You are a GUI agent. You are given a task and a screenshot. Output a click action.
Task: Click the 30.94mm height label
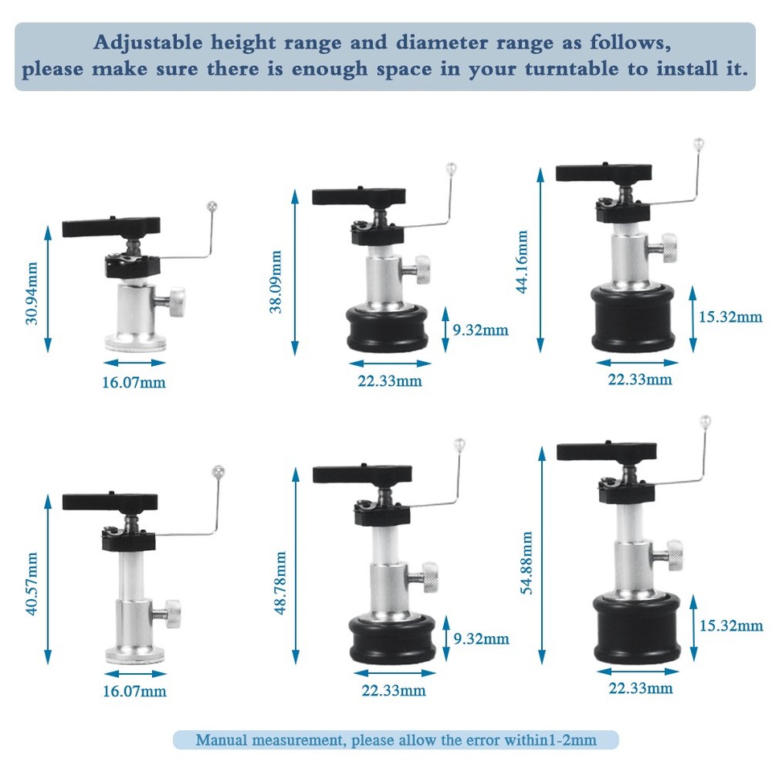tap(32, 291)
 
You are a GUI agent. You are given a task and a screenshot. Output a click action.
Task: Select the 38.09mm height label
tap(276, 281)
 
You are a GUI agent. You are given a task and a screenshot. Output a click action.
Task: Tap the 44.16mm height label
tap(522, 262)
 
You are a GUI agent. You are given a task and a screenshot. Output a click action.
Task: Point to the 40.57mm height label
tap(32, 584)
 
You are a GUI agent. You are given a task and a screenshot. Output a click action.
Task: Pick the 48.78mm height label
tap(281, 582)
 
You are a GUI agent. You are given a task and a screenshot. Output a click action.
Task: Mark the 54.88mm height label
tap(527, 563)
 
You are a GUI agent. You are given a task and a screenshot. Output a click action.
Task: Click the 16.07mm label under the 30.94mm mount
tap(133, 383)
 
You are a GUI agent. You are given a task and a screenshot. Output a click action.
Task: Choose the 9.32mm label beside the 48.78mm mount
tap(482, 639)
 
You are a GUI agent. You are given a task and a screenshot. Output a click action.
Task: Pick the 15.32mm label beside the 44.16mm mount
tap(730, 317)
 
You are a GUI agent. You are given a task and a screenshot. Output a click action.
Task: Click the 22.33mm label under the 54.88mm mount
tap(640, 688)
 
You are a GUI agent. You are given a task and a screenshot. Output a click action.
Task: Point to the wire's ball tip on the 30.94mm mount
tap(212, 206)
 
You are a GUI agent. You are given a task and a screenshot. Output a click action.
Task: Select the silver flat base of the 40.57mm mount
tap(135, 655)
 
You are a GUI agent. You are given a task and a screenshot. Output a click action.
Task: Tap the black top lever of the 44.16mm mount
tap(603, 172)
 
